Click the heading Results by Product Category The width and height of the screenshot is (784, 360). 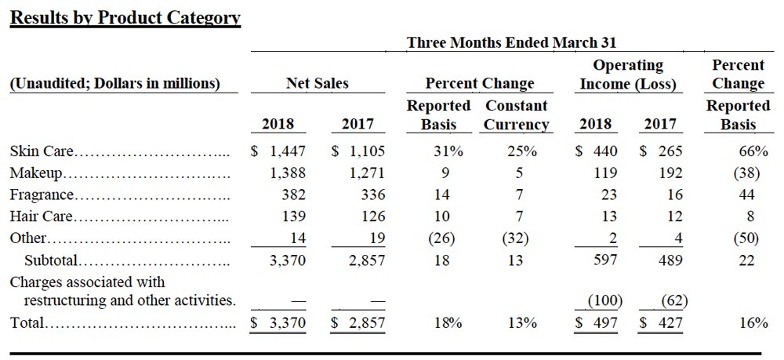click(125, 17)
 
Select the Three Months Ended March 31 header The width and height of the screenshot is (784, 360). click(511, 42)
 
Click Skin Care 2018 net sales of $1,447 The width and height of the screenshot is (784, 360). click(278, 151)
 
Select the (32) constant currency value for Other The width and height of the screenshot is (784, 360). click(514, 238)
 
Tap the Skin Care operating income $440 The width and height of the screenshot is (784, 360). click(597, 151)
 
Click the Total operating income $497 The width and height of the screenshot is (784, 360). click(597, 322)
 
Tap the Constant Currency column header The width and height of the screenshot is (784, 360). click(516, 115)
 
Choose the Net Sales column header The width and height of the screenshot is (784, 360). click(317, 83)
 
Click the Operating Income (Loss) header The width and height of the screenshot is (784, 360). click(627, 75)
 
